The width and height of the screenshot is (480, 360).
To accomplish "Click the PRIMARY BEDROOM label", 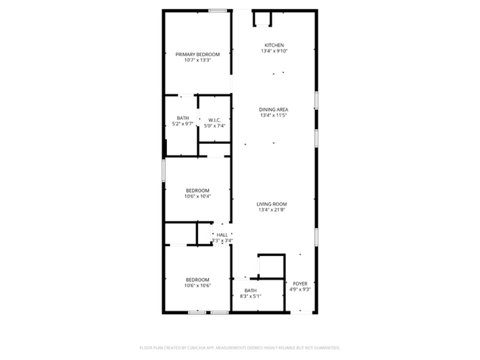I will [x=198, y=54].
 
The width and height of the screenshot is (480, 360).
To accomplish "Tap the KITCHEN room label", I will [x=273, y=45].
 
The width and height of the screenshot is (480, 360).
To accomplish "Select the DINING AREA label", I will [x=273, y=109].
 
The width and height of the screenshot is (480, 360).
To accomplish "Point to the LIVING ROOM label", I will [x=272, y=204].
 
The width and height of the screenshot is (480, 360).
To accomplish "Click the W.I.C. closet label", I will [x=216, y=120].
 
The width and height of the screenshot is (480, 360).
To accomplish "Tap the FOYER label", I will [x=300, y=283].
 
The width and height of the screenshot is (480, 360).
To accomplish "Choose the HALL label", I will [x=222, y=235].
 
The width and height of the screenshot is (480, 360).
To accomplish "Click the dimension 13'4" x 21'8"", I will [x=272, y=210].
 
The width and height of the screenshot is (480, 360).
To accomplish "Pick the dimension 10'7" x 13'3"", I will [x=198, y=60].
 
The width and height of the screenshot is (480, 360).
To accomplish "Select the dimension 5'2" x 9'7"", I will [x=182, y=124].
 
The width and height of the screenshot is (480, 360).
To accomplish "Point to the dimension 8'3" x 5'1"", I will [x=251, y=297].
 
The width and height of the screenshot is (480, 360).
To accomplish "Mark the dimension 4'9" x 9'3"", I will [x=300, y=289].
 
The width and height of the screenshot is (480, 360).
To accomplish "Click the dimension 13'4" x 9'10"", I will [x=273, y=51].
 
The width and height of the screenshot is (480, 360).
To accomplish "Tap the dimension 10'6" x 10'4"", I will [x=198, y=196].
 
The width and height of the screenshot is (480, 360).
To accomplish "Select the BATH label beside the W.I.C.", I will [x=182, y=118].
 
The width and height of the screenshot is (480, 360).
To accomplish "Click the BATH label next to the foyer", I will [x=251, y=291].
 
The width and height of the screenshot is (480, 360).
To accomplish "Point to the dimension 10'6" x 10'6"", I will [x=198, y=285].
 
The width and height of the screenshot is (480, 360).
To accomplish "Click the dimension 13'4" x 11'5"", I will [x=273, y=115].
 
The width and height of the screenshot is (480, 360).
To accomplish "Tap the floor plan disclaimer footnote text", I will [x=240, y=347].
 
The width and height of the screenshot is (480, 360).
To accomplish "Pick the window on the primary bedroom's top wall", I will [x=217, y=10].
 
